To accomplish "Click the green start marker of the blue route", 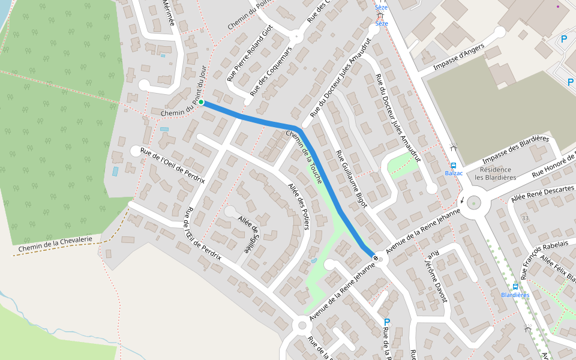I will (x=201, y=102).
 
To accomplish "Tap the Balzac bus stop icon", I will (x=454, y=166).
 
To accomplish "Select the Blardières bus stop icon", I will (x=515, y=287).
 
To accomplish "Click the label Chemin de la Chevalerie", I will (x=55, y=244).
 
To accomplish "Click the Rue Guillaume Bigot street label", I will (x=352, y=179).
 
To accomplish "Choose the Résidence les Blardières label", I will (x=496, y=173).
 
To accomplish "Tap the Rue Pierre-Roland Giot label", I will (x=250, y=53).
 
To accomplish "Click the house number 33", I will (x=526, y=218).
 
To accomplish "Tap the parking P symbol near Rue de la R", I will (x=387, y=322).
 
